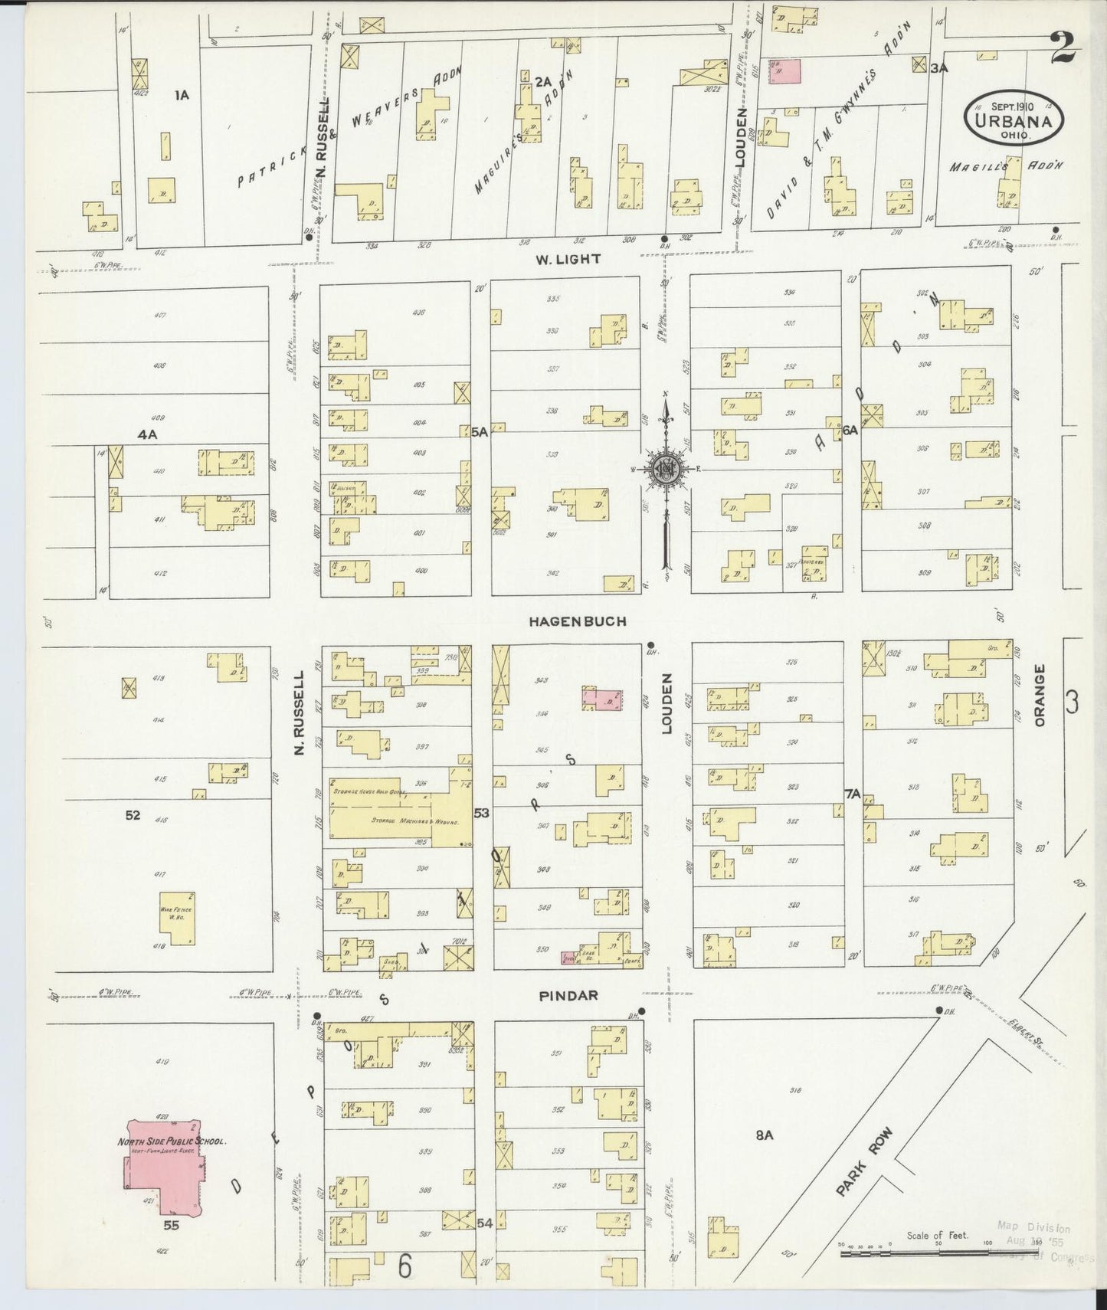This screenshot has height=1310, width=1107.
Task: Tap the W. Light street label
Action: tap(568, 260)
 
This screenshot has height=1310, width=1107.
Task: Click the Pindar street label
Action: tap(567, 996)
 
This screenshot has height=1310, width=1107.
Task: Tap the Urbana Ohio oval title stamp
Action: tap(1015, 120)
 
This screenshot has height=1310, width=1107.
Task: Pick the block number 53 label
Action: tap(481, 812)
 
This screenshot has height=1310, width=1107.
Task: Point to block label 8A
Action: tap(764, 1135)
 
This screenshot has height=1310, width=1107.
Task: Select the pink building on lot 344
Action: tap(602, 699)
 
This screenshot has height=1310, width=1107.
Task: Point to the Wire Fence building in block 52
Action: tap(176, 918)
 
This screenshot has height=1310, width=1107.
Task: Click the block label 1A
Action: tap(182, 95)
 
